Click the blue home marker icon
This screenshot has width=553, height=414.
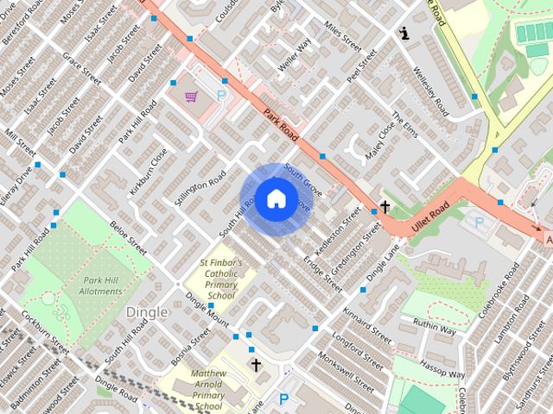click(x=276, y=199)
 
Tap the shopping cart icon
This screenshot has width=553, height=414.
click(x=191, y=97)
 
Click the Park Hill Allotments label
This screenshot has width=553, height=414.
click(x=102, y=285)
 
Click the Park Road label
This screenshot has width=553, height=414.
click(x=281, y=125)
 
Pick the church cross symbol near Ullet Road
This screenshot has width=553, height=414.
click(x=384, y=207)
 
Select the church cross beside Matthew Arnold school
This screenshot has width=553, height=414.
click(x=256, y=366)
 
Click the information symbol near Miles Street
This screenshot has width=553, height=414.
click(x=404, y=34)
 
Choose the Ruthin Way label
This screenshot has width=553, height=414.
click(x=434, y=328)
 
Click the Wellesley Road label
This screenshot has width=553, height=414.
click(x=431, y=93)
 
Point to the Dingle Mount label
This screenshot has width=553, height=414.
click(x=207, y=315)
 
